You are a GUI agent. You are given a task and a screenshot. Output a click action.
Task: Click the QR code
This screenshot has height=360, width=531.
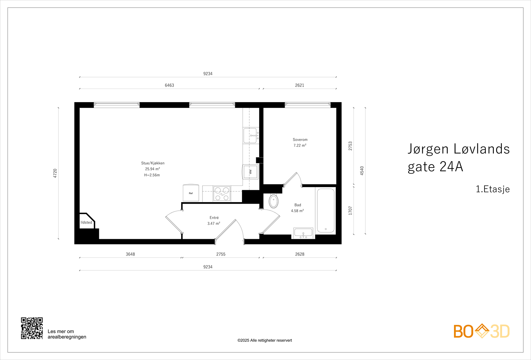coord(32,328)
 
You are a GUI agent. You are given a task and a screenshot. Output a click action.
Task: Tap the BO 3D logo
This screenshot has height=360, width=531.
coord(482,331)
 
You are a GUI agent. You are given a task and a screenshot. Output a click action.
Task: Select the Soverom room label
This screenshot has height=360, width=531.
coord(300,140)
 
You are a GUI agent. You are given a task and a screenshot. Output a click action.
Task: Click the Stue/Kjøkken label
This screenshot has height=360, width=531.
coord(153,163)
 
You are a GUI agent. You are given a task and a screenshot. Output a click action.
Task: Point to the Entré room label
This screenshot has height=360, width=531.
coord(214,218)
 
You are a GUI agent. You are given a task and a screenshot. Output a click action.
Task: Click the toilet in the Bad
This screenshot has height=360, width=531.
coord(273,201)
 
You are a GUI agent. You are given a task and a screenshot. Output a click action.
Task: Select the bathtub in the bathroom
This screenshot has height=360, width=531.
coord(326,210)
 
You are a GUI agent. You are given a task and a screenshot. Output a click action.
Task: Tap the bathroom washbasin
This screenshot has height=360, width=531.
coord(303,233)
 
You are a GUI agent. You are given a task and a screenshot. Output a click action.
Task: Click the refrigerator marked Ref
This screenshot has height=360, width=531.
coord(191,193)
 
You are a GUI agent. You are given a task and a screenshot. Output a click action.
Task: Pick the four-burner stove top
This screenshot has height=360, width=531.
coord(222,194)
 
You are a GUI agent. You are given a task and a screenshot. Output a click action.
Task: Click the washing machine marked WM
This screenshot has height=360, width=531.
coord(251,172)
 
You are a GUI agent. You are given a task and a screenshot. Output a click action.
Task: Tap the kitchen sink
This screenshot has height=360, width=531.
coord(250,135)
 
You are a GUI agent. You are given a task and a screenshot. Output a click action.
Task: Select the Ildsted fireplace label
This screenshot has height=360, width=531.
coord(86,223)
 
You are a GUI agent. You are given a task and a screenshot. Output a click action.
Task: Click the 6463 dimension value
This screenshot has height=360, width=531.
coord(169,85)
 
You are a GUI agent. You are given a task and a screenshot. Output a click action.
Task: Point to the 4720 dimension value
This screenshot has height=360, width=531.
coord(55,173)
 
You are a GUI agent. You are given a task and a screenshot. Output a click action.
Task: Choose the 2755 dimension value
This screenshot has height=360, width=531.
coord(221,254)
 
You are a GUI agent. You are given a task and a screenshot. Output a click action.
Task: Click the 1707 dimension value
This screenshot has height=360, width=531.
coord(350,210)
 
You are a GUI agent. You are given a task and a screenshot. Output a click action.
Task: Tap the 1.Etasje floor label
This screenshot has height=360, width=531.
coord(493,189)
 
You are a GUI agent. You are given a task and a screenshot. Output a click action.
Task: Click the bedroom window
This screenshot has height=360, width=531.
coord(308,105)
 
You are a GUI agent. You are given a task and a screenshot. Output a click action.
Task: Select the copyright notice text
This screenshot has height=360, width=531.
coord(265,340)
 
